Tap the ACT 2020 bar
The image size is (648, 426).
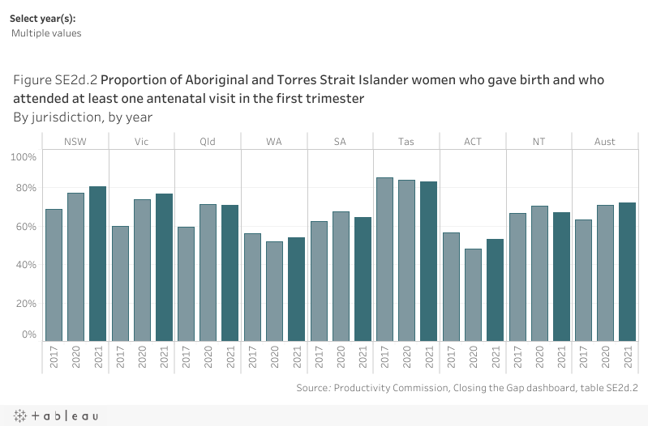[474, 295]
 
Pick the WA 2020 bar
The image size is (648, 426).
[275, 292]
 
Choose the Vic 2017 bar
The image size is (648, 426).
[120, 283]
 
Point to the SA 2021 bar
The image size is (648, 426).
[363, 279]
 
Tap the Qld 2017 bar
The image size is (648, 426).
[187, 284]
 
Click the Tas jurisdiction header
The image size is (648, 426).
[406, 142]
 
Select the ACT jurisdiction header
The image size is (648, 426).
[473, 142]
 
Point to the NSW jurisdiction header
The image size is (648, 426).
[75, 142]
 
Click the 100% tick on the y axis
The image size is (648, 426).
[24, 155]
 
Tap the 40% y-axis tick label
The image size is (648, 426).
[26, 265]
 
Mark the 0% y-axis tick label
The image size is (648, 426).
[28, 334]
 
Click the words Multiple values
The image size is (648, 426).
[46, 33]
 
